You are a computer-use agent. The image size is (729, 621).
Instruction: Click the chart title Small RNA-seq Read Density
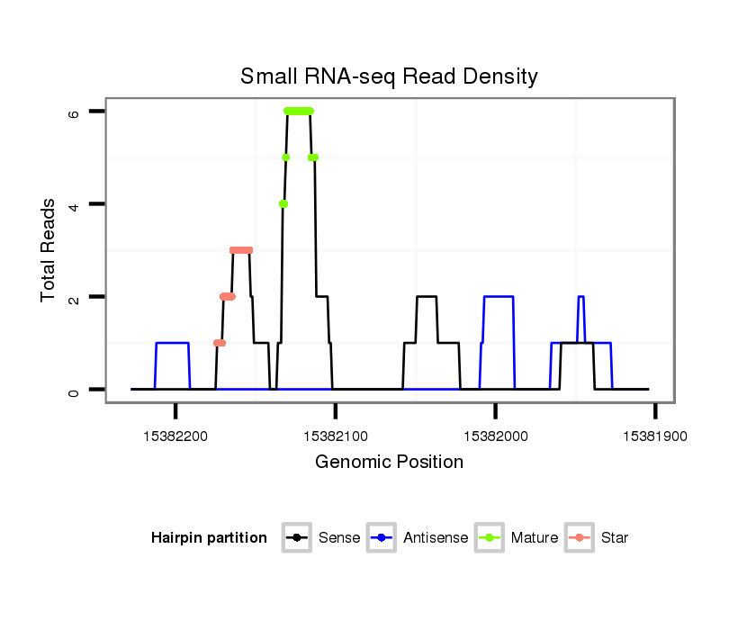(x=389, y=76)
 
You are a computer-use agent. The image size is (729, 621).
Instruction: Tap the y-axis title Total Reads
(x=49, y=250)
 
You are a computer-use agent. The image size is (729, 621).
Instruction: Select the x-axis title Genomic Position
(x=389, y=463)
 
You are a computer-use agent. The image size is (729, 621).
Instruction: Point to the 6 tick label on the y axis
(x=75, y=112)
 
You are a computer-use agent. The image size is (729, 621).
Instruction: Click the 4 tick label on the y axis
(x=75, y=204)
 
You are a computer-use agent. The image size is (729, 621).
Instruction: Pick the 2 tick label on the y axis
(x=75, y=297)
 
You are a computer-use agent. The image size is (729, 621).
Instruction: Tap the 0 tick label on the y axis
(x=75, y=390)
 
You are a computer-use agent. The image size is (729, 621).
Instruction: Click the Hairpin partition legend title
(x=210, y=538)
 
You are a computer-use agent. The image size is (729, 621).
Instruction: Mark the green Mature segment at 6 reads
(x=298, y=111)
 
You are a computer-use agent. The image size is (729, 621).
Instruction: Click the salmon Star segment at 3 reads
(x=241, y=250)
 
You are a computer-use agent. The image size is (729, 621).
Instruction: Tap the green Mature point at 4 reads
(x=283, y=204)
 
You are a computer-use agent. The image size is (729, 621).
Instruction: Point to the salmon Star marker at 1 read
(x=220, y=343)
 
